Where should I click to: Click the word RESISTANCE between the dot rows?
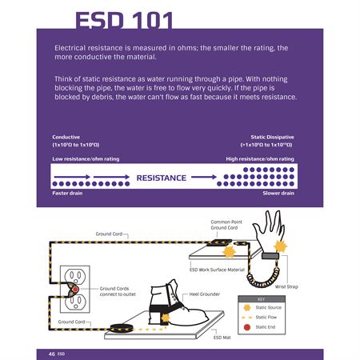coord(161,177)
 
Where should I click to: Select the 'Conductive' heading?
coord(66,137)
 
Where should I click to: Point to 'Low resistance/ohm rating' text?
coord(86,158)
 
